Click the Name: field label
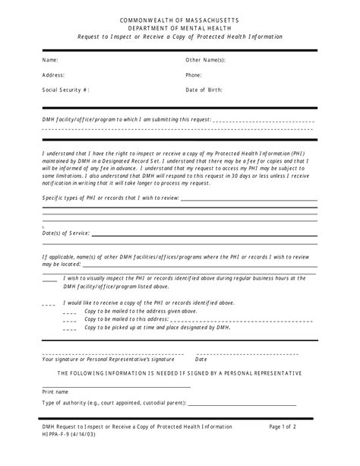[50, 60]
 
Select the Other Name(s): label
[205, 60]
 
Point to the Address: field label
[53, 75]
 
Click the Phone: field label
[194, 75]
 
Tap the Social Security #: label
[65, 90]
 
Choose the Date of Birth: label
[204, 90]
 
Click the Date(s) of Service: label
[66, 233]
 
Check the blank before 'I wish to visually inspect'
[49, 279]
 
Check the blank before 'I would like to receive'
[49, 303]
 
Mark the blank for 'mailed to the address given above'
[70, 312]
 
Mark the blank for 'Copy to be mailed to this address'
[70, 320]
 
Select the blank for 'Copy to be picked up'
[70, 328]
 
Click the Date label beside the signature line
[202, 360]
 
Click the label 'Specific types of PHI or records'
[110, 198]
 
